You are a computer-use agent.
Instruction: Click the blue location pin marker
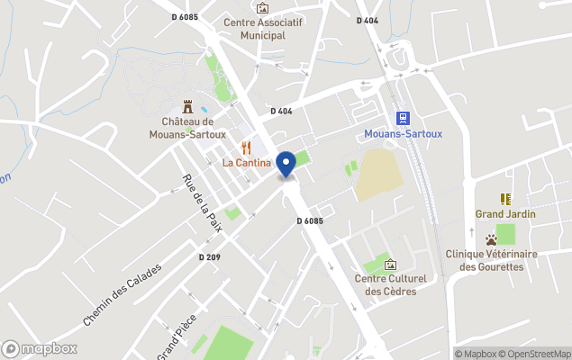(286, 164)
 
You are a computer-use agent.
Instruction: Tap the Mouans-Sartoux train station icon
(403, 118)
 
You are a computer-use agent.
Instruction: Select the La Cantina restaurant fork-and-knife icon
(246, 148)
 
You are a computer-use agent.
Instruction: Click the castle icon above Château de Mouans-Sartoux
(187, 106)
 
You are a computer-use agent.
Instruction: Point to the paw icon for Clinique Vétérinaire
(491, 240)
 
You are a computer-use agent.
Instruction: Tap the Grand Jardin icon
(505, 199)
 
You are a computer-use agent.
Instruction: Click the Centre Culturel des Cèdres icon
(390, 265)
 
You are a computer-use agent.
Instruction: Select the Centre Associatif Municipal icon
(262, 8)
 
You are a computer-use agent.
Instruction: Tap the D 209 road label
(209, 257)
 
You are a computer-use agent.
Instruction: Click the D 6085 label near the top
(184, 16)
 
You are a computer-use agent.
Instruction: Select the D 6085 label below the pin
(309, 220)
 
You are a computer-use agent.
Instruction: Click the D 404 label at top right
(368, 20)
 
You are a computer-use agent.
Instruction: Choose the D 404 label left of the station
(282, 111)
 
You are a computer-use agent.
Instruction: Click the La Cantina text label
(247, 163)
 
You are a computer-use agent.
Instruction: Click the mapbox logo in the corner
(40, 348)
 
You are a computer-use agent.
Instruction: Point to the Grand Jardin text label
(505, 214)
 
